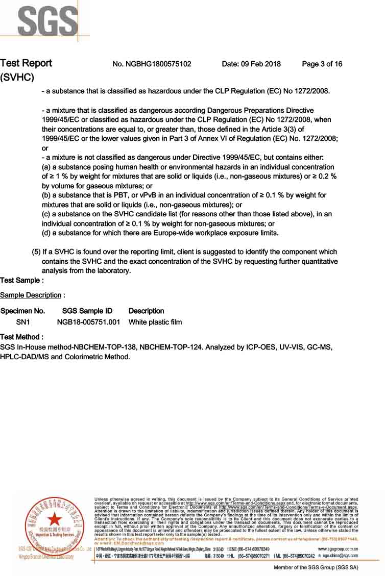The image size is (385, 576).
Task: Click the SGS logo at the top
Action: [46, 19]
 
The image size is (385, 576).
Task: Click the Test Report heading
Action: [26, 63]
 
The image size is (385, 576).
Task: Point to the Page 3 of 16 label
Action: [322, 64]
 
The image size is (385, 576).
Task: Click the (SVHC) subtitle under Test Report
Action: [17, 78]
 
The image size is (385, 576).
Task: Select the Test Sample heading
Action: [21, 280]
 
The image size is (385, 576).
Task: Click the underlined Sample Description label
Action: [31, 295]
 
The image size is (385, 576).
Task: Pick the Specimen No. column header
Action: [22, 311]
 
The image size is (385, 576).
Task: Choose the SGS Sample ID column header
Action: [87, 311]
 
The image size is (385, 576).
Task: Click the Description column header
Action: [146, 311]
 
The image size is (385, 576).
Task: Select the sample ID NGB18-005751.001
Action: [88, 322]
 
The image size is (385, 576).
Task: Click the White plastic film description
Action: [155, 322]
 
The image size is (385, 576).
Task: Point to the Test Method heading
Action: [21, 337]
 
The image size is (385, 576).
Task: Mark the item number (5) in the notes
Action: [36, 252]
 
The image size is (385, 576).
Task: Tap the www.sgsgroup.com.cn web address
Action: [338, 548]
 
